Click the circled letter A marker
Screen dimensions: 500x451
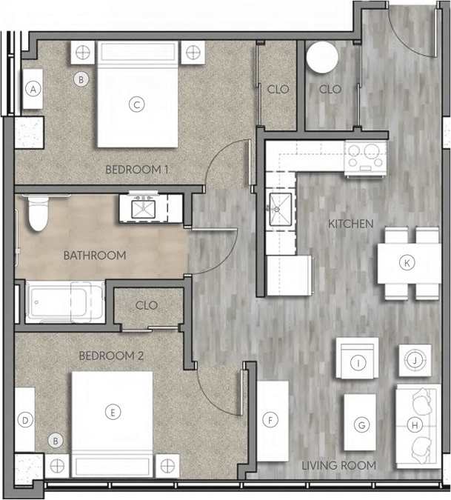pyautogui.click(x=32, y=89)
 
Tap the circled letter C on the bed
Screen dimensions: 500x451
pyautogui.click(x=136, y=105)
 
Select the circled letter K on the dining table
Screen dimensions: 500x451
pyautogui.click(x=406, y=261)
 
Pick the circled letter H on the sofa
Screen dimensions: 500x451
pyautogui.click(x=415, y=425)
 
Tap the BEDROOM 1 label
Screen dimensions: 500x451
pyautogui.click(x=137, y=170)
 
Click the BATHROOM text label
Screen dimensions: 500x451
pyautogui.click(x=94, y=256)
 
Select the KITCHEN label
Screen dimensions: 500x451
pyautogui.click(x=351, y=223)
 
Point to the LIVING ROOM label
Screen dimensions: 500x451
pyautogui.click(x=338, y=465)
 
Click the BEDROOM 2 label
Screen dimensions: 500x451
pyautogui.click(x=111, y=356)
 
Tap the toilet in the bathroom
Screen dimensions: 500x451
pyautogui.click(x=36, y=213)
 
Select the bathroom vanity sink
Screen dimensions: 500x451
pyautogui.click(x=142, y=209)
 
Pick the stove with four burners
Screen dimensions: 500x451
pyautogui.click(x=365, y=157)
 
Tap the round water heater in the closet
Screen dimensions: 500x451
pyautogui.click(x=323, y=58)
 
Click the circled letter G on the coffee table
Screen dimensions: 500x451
pyautogui.click(x=361, y=425)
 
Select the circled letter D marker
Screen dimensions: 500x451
pyautogui.click(x=24, y=421)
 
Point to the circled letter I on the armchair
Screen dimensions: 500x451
pyautogui.click(x=358, y=363)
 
